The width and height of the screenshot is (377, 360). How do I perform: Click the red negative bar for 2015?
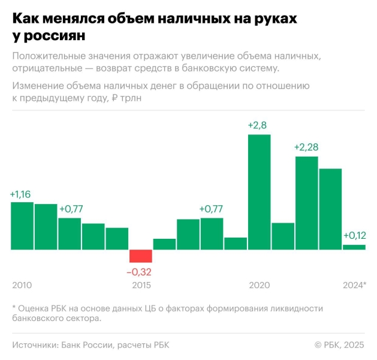[141, 256]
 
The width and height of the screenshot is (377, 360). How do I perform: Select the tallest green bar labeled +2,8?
[259, 191]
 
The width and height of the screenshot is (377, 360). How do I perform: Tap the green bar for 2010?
[22, 226]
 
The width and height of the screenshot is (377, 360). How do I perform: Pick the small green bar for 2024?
[354, 247]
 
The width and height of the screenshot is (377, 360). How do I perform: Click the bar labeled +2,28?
[306, 203]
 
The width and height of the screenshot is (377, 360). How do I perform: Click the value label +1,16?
[22, 194]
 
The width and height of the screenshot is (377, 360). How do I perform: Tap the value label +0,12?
[354, 235]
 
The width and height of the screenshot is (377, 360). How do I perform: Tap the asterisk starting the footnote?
[14, 308]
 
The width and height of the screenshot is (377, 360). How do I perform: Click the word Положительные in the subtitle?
[48, 56]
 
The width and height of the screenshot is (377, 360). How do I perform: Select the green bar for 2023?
[330, 209]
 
